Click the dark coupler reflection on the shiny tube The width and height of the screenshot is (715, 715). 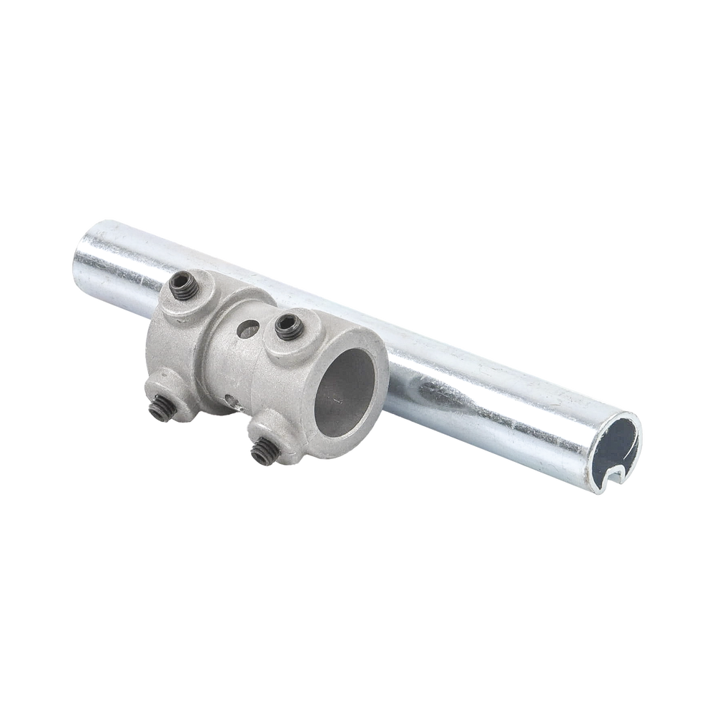coord(436,390)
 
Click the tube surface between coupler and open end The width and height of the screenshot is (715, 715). coord(500,400)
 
